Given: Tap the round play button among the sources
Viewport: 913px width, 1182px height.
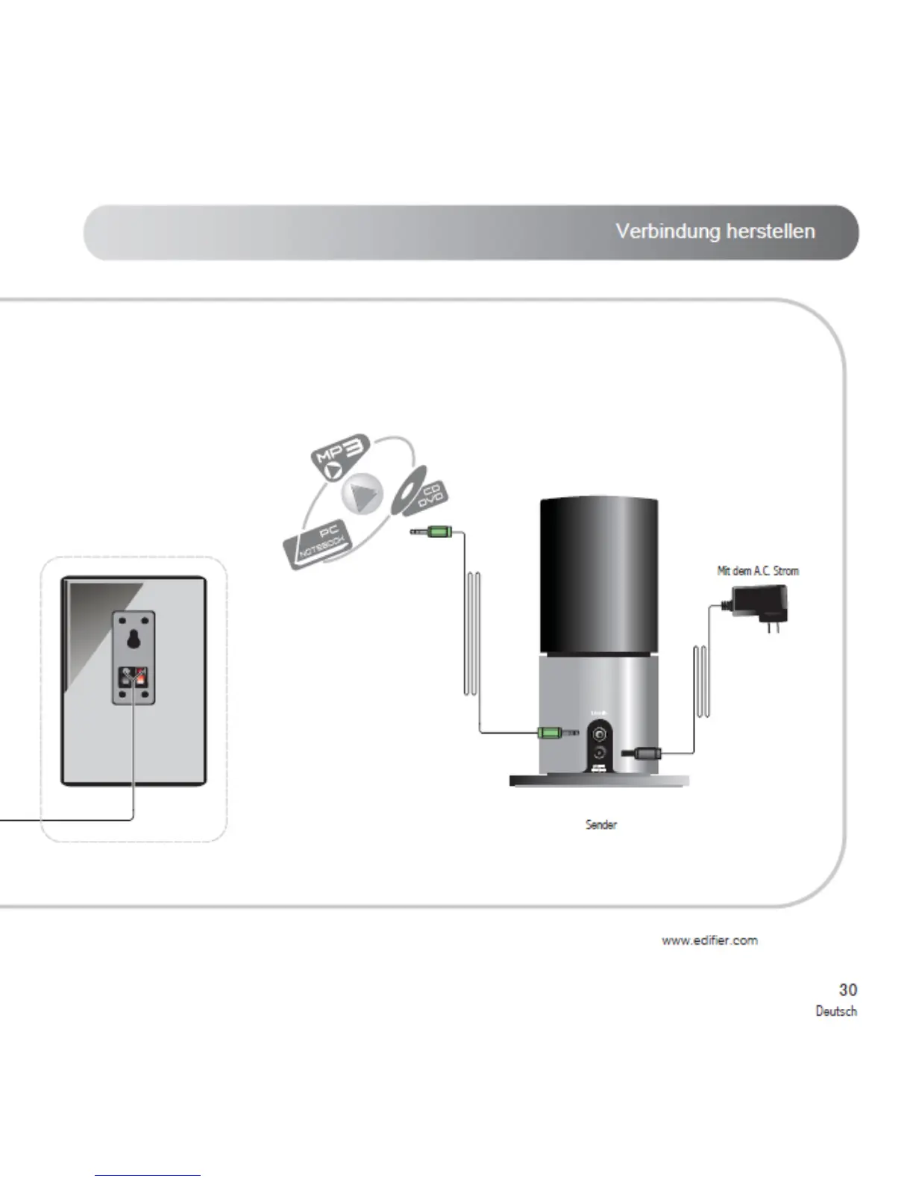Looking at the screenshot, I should (x=363, y=494).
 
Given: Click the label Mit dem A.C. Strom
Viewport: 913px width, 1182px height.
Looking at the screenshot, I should (x=757, y=571).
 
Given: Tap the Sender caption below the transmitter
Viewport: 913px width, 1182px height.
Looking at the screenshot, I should (x=600, y=825).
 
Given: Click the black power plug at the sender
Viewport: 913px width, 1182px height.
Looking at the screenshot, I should (x=643, y=754).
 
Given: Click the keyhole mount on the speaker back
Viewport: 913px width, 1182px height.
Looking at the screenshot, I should (x=134, y=639).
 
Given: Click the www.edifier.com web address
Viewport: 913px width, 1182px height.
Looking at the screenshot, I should (x=709, y=940).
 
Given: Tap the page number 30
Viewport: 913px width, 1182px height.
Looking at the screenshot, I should (x=847, y=989).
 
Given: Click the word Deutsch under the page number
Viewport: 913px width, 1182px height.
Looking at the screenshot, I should (x=835, y=1011).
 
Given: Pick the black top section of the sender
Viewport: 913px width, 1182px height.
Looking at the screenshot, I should (x=599, y=575).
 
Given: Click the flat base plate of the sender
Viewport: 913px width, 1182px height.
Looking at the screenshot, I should (x=599, y=781).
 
